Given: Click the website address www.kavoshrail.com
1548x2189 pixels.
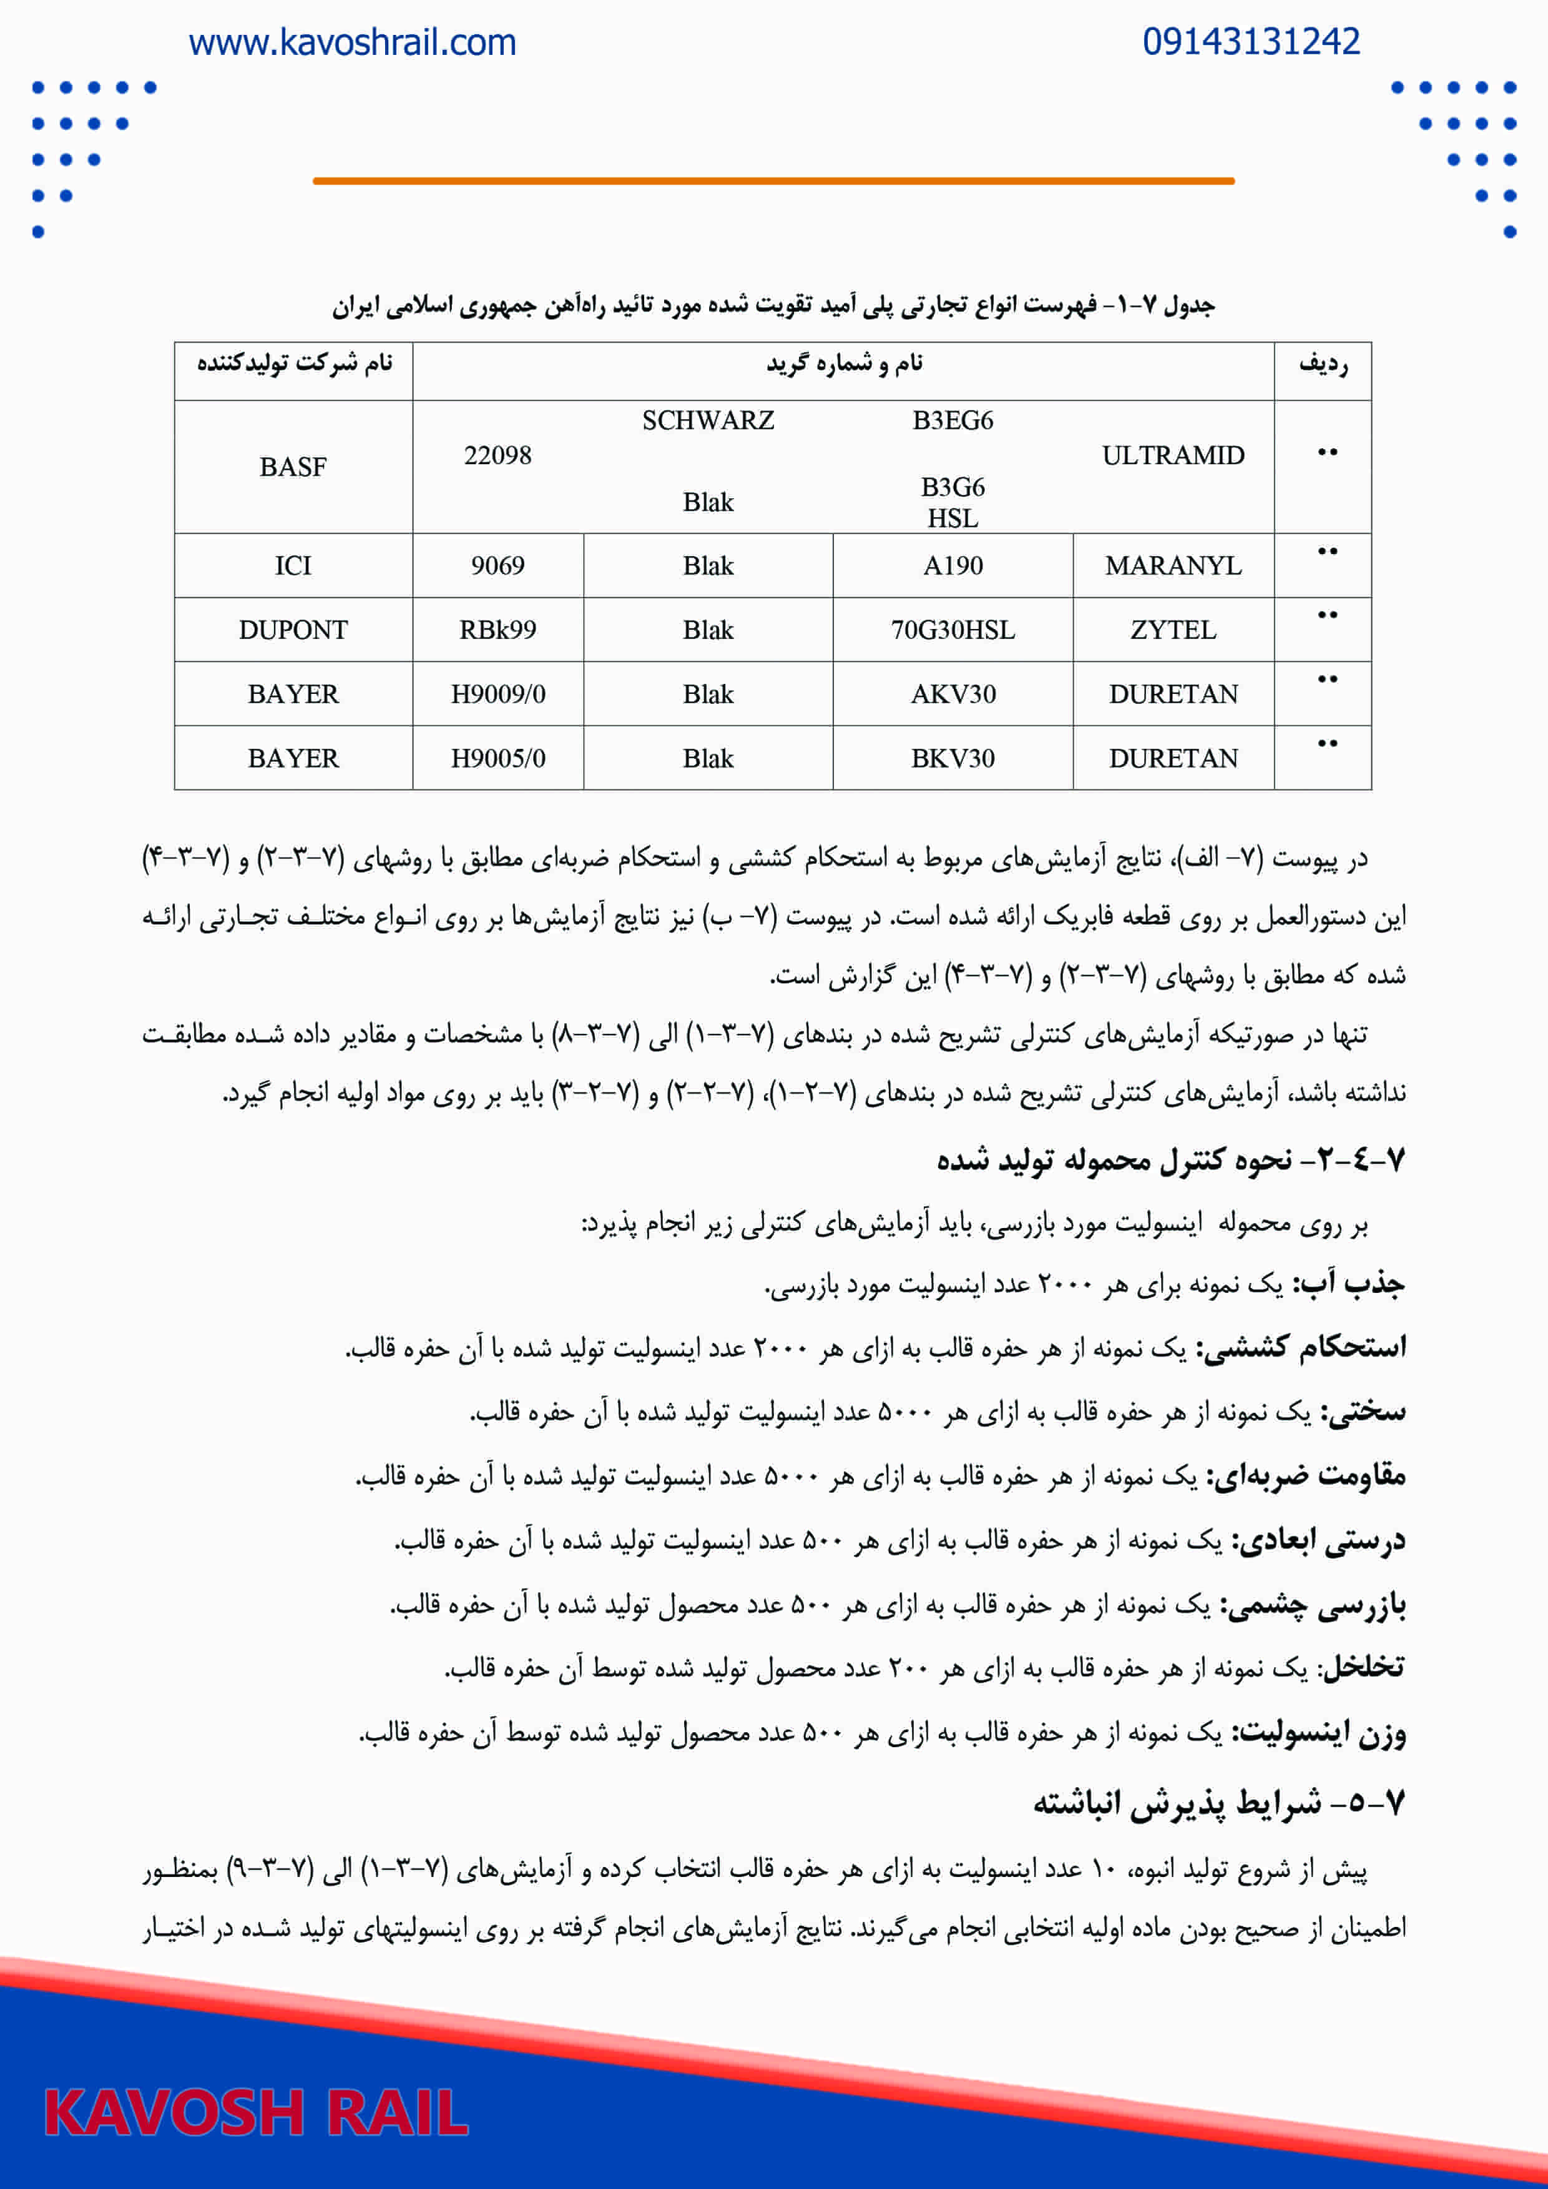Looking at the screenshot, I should pos(352,43).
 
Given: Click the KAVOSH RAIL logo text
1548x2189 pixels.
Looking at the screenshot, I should pos(256,2113).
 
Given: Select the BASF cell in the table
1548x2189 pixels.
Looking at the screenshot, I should pos(293,467).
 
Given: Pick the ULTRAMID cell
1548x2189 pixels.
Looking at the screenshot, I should pos(1172,456).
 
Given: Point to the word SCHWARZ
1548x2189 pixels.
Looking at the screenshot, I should pos(708,421).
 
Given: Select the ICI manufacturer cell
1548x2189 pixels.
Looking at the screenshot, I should pos(293,567).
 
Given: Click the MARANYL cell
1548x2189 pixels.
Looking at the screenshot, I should pos(1172,567).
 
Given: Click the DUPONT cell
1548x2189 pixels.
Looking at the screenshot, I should pos(293,630).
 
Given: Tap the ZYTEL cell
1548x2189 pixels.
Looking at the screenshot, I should pos(1172,630).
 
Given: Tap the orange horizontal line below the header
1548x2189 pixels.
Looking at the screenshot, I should pos(773,180).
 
